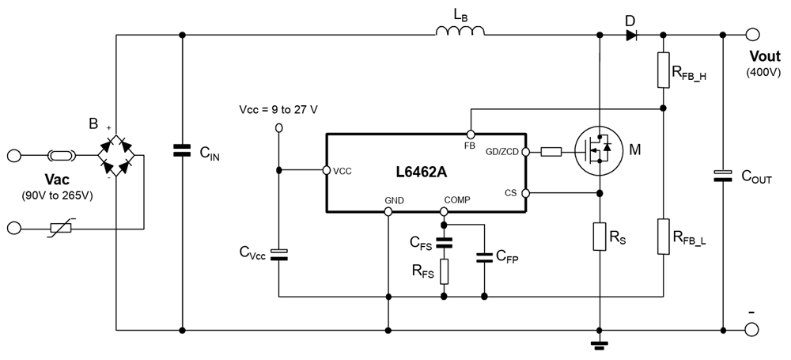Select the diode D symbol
630,34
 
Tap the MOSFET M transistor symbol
599,150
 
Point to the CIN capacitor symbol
183,150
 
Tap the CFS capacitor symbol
444,244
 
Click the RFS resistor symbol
444,271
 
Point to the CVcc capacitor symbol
278,253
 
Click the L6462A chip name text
426,172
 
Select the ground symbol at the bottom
600,344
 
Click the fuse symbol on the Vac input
60,155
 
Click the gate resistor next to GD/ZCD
551,151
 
